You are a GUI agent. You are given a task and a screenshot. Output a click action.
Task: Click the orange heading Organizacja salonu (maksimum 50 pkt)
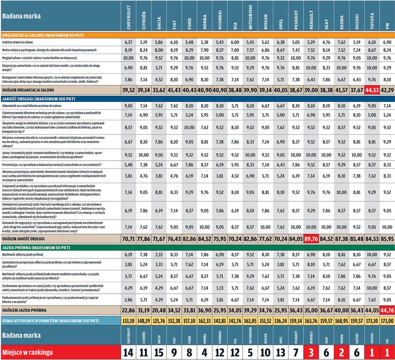48,35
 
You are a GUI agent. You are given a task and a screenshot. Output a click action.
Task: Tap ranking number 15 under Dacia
159,352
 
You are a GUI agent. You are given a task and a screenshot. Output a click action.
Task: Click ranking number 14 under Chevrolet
128,352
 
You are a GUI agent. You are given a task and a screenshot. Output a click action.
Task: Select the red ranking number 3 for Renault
311,352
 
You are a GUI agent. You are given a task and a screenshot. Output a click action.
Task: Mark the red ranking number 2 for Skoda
342,352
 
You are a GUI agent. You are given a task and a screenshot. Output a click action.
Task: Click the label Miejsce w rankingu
27,352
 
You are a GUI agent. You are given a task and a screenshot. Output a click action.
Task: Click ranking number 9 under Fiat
174,352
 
